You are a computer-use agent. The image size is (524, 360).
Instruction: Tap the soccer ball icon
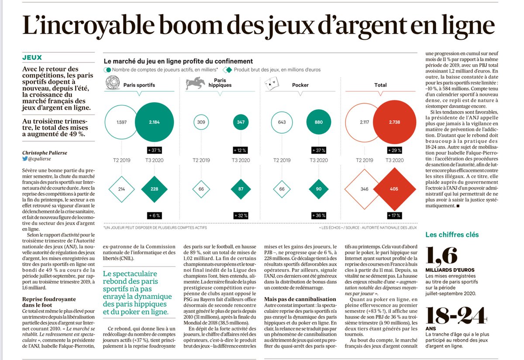click(x=112, y=83)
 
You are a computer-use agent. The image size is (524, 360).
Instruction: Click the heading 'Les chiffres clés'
click(x=452, y=235)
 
